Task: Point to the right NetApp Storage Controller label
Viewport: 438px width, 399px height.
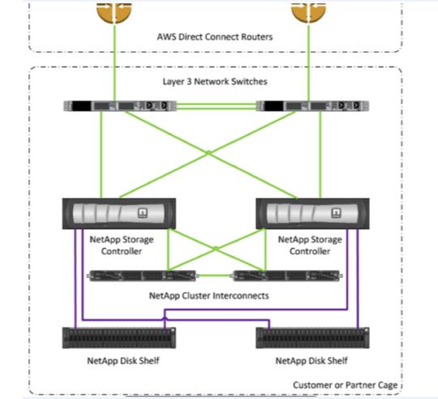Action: point(309,245)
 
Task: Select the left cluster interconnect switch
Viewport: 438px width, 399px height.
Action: point(141,276)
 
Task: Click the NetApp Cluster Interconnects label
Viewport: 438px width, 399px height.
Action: point(209,295)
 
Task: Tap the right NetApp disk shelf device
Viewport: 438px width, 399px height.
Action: point(309,337)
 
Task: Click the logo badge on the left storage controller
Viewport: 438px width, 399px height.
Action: point(143,214)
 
